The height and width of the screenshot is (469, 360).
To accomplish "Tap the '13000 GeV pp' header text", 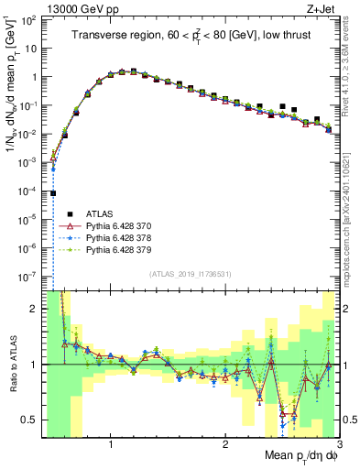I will pos(80,10).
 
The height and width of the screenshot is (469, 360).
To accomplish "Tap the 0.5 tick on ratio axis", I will pos(30,420).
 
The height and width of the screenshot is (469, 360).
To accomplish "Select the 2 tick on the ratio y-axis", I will pos(34,310).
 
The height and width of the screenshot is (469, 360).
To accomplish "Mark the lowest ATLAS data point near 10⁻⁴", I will pos(53,193).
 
